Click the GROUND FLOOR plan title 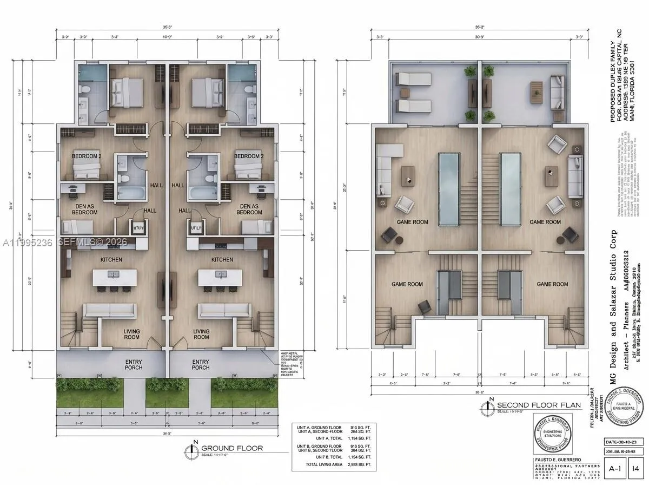(232, 448)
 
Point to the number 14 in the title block (636, 468)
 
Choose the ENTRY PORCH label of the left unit (134, 364)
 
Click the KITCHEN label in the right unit (222, 260)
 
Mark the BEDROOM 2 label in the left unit (87, 156)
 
